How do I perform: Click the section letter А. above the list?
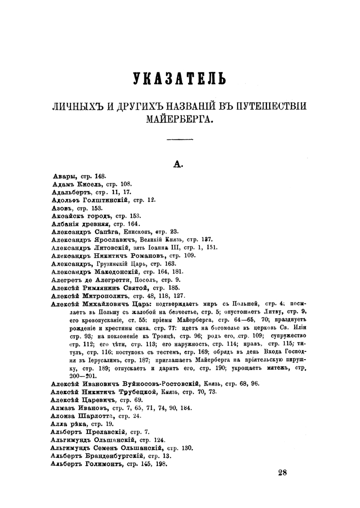coord(179,165)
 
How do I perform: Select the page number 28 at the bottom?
coord(282,472)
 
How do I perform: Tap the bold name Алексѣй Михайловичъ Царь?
coord(101,303)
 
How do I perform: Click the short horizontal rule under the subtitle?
coord(179,140)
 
